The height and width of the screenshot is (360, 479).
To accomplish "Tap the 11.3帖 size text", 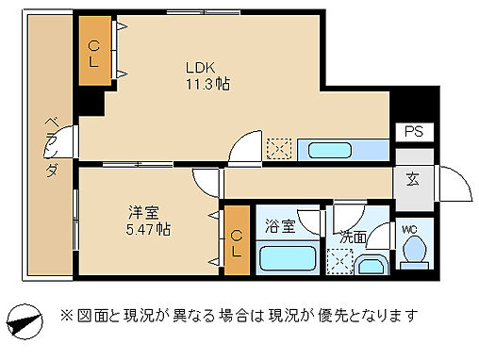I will pyautogui.click(x=207, y=84).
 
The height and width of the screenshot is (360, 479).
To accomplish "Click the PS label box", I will pyautogui.click(x=414, y=132).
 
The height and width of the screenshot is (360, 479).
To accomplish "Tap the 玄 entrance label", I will pyautogui.click(x=414, y=178).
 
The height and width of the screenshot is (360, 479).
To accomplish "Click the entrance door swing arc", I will pyautogui.click(x=456, y=184).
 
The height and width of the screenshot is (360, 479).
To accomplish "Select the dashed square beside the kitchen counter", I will pyautogui.click(x=278, y=149).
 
